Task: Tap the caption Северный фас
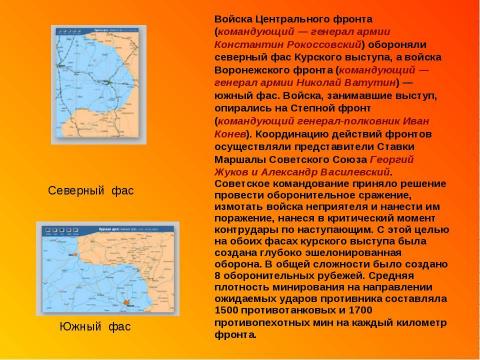click(91, 190)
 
